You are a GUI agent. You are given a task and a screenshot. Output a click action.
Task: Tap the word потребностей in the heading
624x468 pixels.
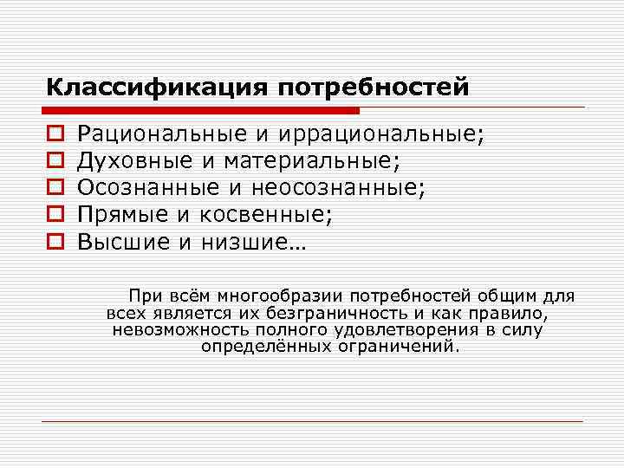374,88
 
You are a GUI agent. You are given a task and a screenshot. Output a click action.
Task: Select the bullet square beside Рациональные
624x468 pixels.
53,134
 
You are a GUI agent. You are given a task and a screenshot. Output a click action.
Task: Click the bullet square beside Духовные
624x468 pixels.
53,161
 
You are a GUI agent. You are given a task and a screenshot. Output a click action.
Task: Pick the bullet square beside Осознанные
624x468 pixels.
53,188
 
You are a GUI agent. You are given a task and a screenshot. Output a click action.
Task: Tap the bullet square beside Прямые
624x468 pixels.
53,215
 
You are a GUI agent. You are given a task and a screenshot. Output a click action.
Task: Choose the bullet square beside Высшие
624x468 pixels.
53,242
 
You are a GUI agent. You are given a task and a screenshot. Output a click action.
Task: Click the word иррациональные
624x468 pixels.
382,134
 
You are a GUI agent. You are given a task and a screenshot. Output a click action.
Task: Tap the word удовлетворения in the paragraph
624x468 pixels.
406,330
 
